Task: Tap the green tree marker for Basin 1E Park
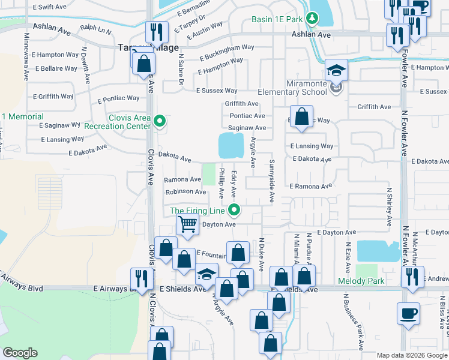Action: (x=312, y=19)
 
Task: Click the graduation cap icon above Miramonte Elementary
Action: (x=337, y=70)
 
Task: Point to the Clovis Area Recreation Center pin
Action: (x=159, y=122)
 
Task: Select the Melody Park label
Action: (x=361, y=281)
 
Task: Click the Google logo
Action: (x=20, y=353)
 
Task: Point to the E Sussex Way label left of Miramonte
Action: (x=217, y=91)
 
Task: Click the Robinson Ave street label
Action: (x=186, y=191)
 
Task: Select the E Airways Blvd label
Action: (x=22, y=288)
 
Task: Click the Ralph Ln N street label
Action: (x=95, y=28)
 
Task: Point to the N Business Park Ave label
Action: (x=354, y=321)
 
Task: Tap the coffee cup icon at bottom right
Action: (x=408, y=314)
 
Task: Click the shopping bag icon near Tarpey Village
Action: (x=144, y=64)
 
